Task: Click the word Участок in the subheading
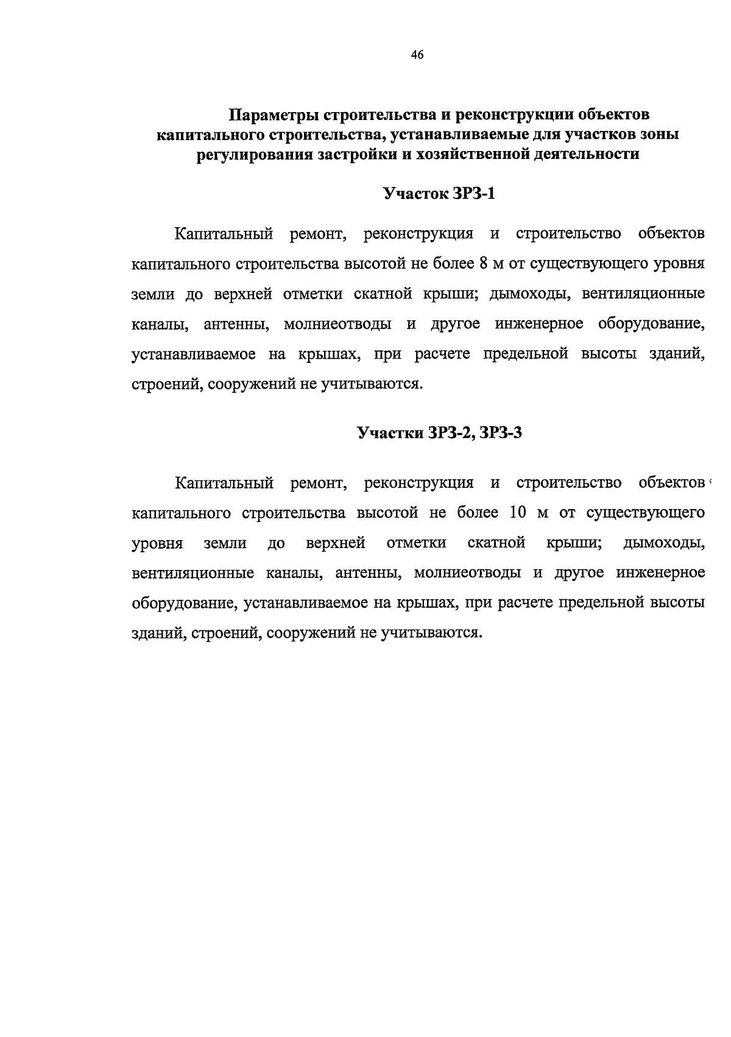click(415, 194)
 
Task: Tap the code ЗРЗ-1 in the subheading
click(475, 194)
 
